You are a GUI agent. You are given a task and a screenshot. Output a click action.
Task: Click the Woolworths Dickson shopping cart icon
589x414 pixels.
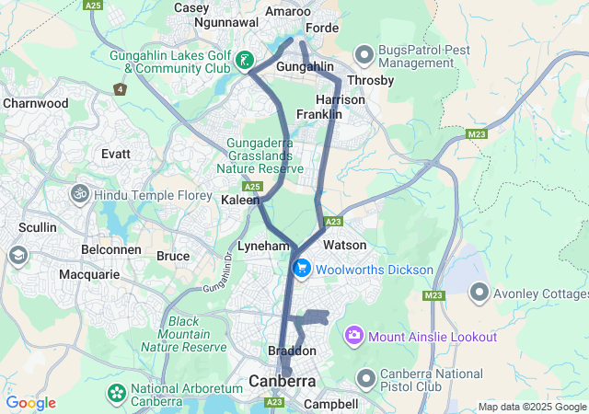coord(301,269)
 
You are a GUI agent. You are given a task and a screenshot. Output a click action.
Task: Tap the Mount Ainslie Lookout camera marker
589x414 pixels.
coord(354,337)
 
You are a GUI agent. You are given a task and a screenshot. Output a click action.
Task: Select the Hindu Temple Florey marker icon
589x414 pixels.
coord(79,193)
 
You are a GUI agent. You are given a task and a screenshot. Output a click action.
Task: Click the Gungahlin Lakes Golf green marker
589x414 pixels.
coord(244,62)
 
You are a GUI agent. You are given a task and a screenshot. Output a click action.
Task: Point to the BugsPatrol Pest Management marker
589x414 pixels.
coord(364,55)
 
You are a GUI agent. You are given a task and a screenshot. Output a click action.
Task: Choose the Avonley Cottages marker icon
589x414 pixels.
coord(479,294)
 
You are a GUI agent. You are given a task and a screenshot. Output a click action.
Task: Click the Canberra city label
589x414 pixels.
coord(283,381)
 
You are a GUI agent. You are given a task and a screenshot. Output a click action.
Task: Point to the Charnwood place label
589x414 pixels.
coord(35,104)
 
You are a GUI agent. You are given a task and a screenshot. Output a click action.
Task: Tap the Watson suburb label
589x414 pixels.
coord(345,246)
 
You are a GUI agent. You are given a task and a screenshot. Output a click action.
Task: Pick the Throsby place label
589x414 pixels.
coord(371,81)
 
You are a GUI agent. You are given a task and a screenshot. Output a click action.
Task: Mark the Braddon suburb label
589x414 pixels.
coord(292,351)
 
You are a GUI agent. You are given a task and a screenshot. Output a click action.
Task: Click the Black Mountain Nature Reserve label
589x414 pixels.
coord(184,334)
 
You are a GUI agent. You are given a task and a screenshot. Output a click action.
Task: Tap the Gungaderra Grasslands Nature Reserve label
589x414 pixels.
coord(260,156)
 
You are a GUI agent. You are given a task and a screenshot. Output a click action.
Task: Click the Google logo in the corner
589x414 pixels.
coord(30,403)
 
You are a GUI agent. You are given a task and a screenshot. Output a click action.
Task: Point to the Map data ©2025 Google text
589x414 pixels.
coord(532,407)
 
